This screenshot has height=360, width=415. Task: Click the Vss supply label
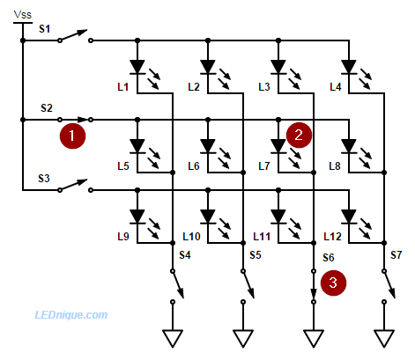(x=23, y=15)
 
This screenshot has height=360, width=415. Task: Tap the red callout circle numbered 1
(x=72, y=136)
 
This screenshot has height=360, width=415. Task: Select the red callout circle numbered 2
(x=299, y=135)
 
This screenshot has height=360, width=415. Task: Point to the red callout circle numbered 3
(x=333, y=283)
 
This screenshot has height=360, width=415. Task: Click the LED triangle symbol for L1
(x=137, y=67)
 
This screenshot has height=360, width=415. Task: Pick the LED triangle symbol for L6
(x=208, y=146)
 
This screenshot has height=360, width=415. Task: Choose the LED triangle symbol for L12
(x=349, y=217)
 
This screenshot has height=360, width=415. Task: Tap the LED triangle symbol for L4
(x=349, y=67)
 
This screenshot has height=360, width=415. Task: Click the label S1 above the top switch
(x=45, y=29)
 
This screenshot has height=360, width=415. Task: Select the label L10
(x=191, y=237)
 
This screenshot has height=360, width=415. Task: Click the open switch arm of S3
(x=73, y=185)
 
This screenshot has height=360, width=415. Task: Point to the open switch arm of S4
(x=178, y=284)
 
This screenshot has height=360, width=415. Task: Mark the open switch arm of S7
(x=389, y=284)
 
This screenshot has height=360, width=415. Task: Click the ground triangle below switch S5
(x=243, y=338)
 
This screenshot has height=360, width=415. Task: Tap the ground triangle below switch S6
(x=314, y=338)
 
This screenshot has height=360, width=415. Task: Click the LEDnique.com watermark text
(x=71, y=315)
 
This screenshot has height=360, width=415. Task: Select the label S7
(x=396, y=255)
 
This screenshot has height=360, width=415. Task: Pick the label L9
(x=123, y=237)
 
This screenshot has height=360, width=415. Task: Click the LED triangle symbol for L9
(x=137, y=217)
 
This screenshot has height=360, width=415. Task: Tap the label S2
(x=47, y=108)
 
